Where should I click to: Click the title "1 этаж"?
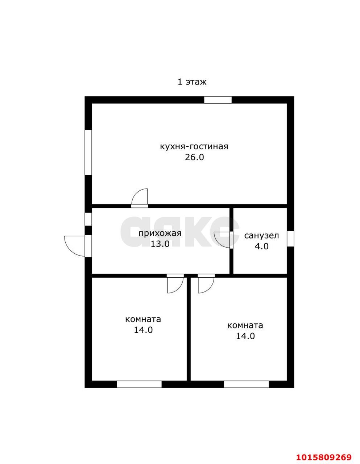(x=192, y=82)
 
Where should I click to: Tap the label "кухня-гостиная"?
(x=194, y=146)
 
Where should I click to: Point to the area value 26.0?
(x=194, y=157)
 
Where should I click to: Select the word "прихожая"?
(x=160, y=233)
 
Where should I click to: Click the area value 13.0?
(x=160, y=244)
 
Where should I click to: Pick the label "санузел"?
(x=261, y=236)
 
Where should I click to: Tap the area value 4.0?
(x=261, y=246)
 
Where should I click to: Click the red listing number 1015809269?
(x=323, y=456)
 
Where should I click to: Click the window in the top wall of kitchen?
(x=218, y=100)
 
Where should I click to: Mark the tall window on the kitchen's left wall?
(x=88, y=153)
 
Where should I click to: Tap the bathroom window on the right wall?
(x=290, y=239)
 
